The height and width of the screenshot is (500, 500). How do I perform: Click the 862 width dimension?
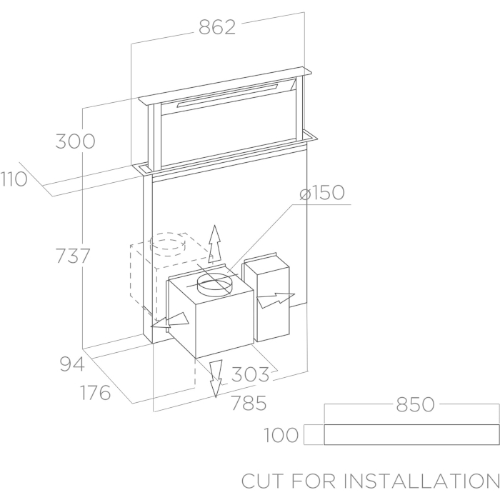point(217,27)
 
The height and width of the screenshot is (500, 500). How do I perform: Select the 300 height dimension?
point(75,141)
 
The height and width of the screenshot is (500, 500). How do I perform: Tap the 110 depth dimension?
point(14,179)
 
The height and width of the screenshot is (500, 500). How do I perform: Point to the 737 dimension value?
point(73,256)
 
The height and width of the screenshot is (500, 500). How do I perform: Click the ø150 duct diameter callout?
point(322,193)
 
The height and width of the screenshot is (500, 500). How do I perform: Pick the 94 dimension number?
point(72,364)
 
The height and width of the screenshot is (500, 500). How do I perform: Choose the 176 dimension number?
point(95,393)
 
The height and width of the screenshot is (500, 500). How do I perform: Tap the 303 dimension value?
point(250,374)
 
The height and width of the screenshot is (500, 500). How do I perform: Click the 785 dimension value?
point(249,403)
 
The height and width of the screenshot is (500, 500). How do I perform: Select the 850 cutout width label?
point(415,404)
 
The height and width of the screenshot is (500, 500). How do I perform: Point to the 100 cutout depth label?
point(281,435)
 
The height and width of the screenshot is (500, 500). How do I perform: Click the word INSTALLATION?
point(421,481)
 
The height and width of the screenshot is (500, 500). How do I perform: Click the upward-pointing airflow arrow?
point(215,244)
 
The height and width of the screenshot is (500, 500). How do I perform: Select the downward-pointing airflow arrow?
point(216,379)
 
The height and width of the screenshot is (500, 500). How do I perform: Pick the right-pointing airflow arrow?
point(276,300)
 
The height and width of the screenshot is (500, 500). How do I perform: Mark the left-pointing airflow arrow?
point(170,321)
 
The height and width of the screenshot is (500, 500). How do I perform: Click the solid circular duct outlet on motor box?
point(214,285)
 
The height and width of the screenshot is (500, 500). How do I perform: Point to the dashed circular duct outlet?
point(168,244)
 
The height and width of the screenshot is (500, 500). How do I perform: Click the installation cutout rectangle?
point(411,434)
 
